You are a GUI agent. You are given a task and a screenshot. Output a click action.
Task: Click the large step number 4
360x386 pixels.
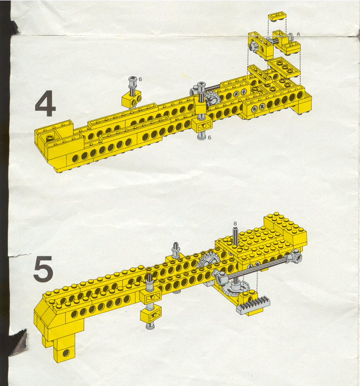[45, 103]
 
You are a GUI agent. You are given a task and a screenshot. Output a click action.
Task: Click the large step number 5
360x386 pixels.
[44, 269]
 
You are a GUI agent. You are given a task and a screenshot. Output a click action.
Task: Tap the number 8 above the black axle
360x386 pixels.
[235, 223]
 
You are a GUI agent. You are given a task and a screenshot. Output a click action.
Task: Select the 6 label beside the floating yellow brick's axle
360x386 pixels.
[140, 79]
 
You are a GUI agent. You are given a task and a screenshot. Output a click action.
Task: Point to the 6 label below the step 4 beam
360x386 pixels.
[209, 137]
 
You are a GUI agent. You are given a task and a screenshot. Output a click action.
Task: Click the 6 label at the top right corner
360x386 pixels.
[298, 34]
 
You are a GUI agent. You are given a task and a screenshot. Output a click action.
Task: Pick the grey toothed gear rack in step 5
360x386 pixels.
[253, 305]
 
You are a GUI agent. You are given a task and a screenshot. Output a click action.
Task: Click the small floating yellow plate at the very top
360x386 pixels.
[277, 17]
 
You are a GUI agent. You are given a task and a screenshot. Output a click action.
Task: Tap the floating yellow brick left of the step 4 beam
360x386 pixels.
[131, 98]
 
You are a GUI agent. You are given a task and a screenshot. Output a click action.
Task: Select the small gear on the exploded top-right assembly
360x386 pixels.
[252, 47]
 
